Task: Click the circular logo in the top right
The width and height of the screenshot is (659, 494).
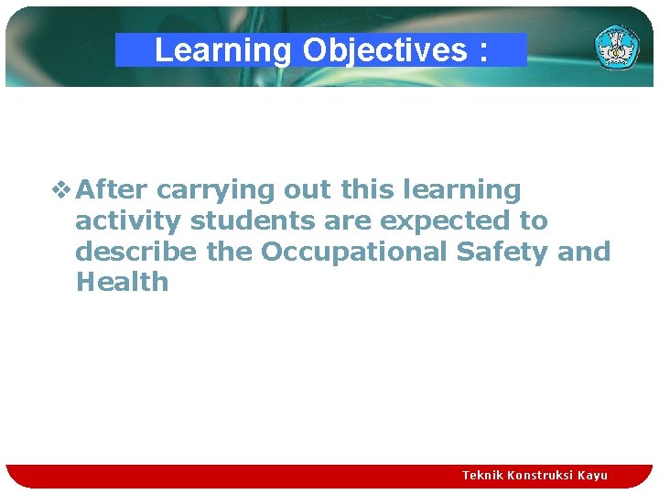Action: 617,47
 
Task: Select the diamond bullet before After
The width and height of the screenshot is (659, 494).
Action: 60,190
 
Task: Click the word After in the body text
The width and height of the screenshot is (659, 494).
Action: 113,189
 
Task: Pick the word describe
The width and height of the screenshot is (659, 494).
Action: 137,252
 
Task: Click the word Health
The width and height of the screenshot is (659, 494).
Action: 122,282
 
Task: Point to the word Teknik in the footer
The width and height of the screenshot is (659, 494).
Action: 482,475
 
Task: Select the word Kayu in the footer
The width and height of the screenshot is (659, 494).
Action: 592,475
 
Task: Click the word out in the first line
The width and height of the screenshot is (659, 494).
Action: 307,190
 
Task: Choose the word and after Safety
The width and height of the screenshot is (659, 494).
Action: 584,252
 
